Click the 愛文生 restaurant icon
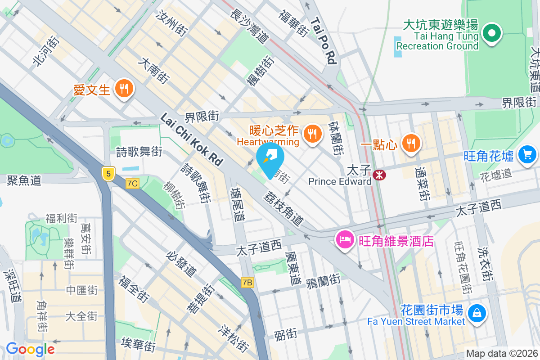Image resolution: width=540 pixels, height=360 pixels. click(x=123, y=88)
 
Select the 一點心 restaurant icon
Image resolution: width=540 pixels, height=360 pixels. click(x=410, y=143)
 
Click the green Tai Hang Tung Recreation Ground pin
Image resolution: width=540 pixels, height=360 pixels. click(x=491, y=33)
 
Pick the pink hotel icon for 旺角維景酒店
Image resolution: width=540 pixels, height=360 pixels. click(x=345, y=239)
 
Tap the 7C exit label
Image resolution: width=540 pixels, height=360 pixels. click(x=133, y=183)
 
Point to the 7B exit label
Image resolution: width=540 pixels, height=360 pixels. click(x=247, y=283)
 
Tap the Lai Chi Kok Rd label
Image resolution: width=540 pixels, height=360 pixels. click(x=192, y=139)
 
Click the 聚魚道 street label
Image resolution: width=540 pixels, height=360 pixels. click(x=24, y=180)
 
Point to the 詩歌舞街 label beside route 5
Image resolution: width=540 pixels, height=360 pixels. click(x=139, y=152)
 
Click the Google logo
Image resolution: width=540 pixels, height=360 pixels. click(x=30, y=349)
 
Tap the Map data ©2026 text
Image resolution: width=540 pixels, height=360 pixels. click(x=502, y=353)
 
